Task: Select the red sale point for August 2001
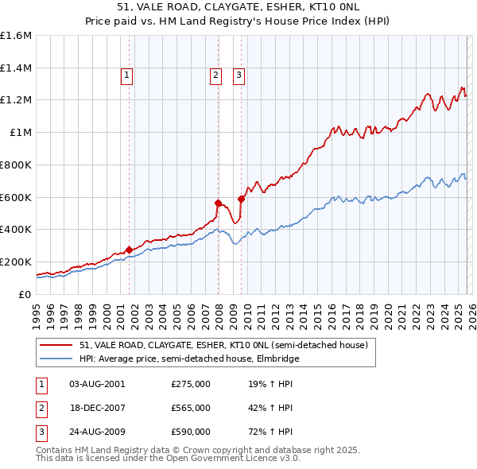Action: pyautogui.click(x=129, y=250)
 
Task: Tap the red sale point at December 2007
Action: pyautogui.click(x=218, y=203)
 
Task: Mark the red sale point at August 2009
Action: pyautogui.click(x=242, y=199)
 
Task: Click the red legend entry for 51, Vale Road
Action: pyautogui.click(x=223, y=346)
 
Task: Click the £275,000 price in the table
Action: pyautogui.click(x=191, y=384)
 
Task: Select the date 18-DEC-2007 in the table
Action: pyautogui.click(x=97, y=408)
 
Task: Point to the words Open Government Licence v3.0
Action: pyautogui.click(x=233, y=459)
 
